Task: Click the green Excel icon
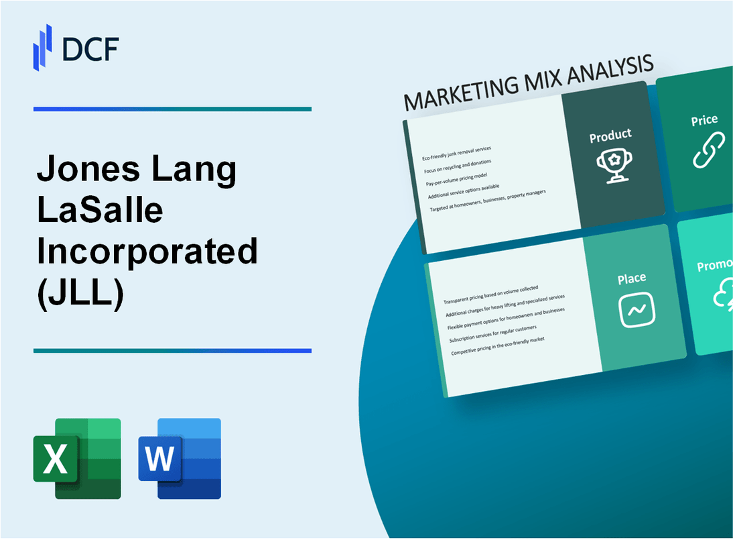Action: click(77, 458)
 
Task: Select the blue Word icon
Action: click(180, 458)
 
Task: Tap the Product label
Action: click(610, 136)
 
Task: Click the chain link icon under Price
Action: click(708, 150)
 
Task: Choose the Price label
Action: click(704, 120)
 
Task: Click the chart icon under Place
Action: click(636, 310)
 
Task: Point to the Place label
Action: click(631, 278)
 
